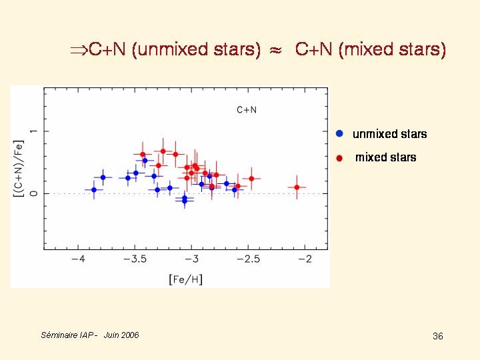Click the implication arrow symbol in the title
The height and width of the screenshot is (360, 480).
tap(79, 50)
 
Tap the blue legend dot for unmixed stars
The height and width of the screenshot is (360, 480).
tap(339, 134)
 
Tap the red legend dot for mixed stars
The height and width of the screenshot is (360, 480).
tap(339, 158)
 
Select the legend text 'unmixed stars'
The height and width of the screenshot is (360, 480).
tap(389, 134)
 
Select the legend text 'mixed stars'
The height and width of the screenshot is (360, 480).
tap(385, 158)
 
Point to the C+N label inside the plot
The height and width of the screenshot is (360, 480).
tap(247, 110)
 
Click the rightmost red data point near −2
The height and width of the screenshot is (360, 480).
tap(297, 187)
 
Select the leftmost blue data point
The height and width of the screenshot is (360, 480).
tap(94, 190)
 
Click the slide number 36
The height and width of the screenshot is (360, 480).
tap(437, 336)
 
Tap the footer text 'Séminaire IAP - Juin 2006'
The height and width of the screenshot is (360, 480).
tap(90, 335)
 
